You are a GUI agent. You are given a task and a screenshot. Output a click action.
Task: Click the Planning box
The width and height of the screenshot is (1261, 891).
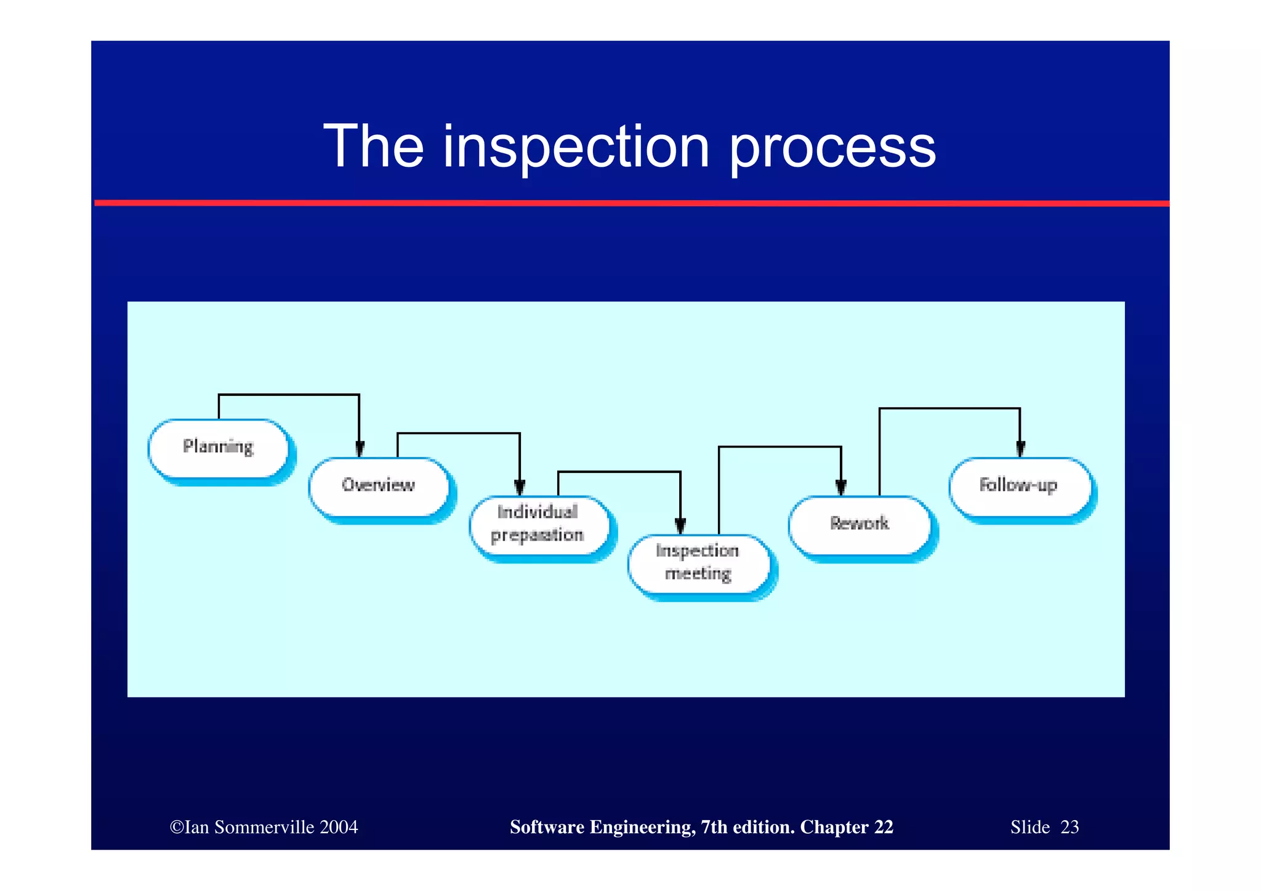click(219, 448)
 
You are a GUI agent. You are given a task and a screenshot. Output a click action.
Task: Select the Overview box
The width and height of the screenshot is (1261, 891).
click(379, 486)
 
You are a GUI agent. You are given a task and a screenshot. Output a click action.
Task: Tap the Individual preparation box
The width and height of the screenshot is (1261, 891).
click(538, 524)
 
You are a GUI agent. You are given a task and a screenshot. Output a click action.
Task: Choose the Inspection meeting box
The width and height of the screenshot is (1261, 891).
click(698, 563)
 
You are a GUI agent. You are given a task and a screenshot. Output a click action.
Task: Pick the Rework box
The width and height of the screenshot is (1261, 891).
click(860, 524)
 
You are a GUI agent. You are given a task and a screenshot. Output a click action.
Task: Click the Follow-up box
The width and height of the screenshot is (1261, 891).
click(1019, 486)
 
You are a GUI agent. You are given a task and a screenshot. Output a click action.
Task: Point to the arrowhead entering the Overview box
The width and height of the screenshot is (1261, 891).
click(360, 450)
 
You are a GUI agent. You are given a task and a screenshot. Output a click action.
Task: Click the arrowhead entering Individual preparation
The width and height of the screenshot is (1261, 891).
click(520, 488)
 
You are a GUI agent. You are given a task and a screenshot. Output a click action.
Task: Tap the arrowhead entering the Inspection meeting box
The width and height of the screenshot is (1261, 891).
click(680, 526)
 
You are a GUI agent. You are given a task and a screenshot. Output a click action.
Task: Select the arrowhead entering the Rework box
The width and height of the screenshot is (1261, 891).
click(841, 488)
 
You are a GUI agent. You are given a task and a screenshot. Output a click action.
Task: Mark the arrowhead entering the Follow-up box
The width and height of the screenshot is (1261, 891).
click(1020, 450)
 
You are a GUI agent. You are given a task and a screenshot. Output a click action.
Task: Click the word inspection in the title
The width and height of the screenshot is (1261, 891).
click(576, 148)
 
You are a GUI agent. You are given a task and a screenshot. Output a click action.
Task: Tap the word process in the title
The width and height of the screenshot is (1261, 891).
click(832, 148)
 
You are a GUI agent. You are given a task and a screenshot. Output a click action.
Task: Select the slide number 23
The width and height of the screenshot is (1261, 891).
click(1070, 827)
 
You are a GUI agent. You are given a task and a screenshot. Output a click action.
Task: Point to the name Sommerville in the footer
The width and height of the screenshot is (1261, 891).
click(264, 827)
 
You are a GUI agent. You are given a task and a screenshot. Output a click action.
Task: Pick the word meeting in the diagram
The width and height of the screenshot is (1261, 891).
click(698, 574)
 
